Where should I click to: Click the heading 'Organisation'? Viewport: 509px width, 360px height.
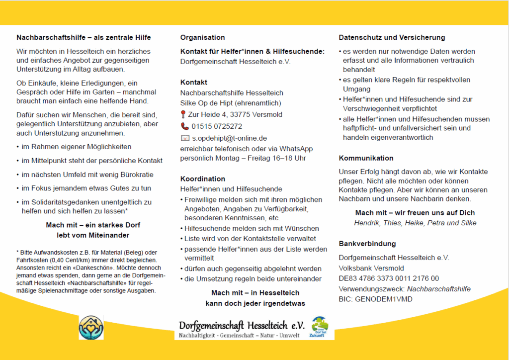click(202, 37)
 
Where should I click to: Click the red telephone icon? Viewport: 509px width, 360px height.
click(184, 126)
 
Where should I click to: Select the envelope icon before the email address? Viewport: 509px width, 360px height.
click(185, 138)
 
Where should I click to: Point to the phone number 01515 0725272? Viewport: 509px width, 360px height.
click(217, 126)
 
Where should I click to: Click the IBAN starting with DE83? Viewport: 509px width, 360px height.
click(389, 278)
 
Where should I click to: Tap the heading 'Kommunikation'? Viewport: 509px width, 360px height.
click(366, 158)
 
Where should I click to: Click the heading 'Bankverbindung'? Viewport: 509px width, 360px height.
click(367, 244)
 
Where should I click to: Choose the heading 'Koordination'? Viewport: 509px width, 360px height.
click(203, 179)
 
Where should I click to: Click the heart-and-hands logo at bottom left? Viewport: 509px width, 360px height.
click(91, 328)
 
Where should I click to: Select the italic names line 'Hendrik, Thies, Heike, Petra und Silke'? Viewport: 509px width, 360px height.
click(415, 223)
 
